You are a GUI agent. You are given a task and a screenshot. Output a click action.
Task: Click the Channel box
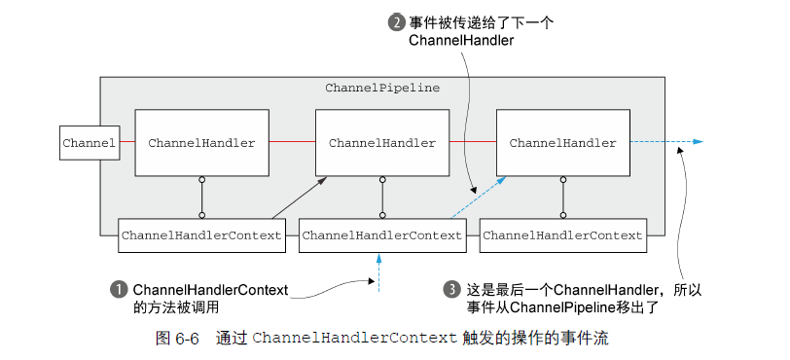pos(89,143)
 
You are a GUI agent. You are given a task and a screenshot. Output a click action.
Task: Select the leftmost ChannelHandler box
pos(201,143)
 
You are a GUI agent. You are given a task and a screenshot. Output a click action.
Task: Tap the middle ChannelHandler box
pos(382,143)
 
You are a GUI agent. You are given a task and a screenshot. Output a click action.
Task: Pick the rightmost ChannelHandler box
pos(562,143)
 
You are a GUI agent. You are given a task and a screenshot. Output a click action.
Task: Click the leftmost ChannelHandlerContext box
pos(201,235)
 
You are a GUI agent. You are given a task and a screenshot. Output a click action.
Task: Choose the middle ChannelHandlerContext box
pos(382,235)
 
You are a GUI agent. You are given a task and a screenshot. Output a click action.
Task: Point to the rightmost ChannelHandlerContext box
pos(562,235)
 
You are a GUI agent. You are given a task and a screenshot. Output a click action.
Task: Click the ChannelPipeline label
pos(382,88)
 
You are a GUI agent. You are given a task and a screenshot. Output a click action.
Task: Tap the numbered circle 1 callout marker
pos(120,289)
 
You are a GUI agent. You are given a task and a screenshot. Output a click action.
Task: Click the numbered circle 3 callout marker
pos(450,289)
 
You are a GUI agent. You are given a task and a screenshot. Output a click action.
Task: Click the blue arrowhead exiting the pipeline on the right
pos(697,143)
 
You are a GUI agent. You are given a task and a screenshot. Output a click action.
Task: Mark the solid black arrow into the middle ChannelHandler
pos(299,198)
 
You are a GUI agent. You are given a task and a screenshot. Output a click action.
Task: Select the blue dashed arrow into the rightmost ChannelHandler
pos(478,198)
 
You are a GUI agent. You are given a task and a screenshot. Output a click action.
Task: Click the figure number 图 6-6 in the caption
pos(177,339)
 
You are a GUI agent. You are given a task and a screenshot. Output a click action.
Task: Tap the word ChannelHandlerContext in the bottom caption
pos(354,339)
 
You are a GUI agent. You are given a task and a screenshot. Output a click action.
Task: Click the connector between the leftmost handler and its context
pos(201,198)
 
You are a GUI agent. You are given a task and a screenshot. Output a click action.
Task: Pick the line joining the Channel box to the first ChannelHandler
pos(126,143)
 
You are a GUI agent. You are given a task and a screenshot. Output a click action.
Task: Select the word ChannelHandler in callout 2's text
pos(461,41)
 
